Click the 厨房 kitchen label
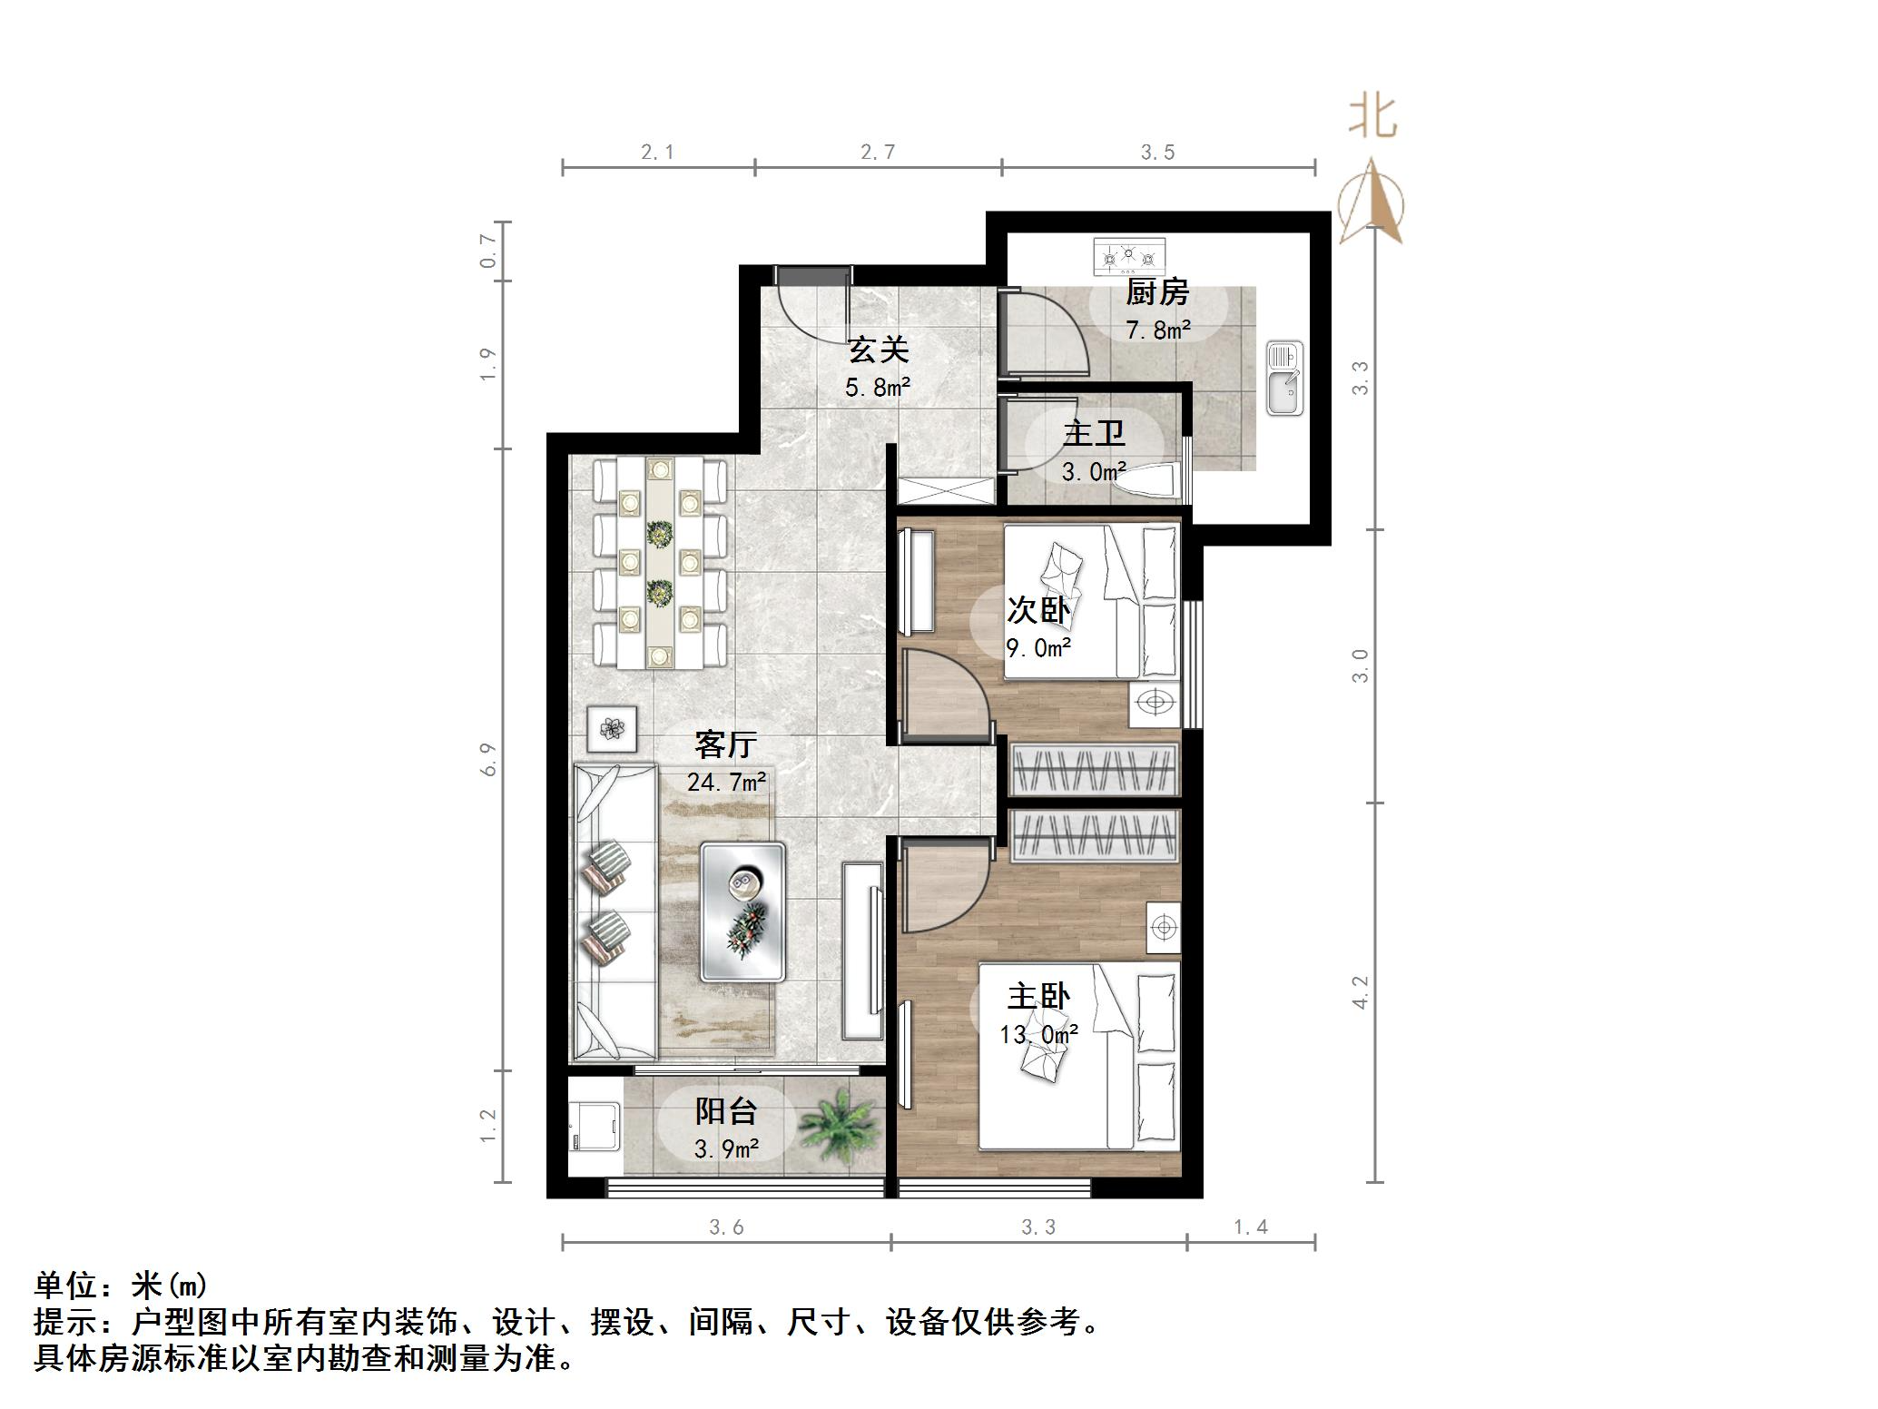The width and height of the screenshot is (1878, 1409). [x=1157, y=293]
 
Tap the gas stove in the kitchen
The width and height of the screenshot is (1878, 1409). [x=1128, y=257]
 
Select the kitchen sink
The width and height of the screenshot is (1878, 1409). [x=1285, y=379]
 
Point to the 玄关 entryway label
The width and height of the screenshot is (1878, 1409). [x=878, y=350]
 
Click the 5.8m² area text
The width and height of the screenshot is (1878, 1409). [x=878, y=388]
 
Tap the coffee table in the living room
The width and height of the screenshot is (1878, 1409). [x=742, y=911]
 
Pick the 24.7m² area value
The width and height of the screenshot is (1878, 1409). [x=727, y=782]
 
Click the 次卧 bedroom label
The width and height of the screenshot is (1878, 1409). [x=1038, y=610]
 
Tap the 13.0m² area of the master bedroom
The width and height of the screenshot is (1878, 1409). [x=1038, y=1034]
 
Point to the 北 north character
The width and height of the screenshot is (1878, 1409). [x=1372, y=117]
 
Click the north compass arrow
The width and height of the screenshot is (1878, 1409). [x=1372, y=204]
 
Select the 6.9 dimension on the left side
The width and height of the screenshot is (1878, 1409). [x=489, y=759]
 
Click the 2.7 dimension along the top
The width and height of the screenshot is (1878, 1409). [x=878, y=153]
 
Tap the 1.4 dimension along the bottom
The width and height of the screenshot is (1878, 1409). [x=1251, y=1227]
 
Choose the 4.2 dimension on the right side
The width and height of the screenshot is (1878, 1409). [x=1360, y=992]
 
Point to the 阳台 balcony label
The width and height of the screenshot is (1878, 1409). [x=726, y=1111]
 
